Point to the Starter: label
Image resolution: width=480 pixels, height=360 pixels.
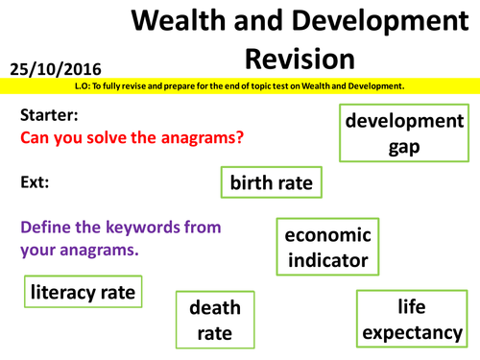click(48, 114)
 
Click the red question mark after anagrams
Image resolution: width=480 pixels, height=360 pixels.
click(239, 137)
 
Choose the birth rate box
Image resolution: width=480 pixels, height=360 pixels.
click(270, 181)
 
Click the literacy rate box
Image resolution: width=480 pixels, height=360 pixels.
click(83, 290)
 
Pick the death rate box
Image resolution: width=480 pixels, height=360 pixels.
click(216, 321)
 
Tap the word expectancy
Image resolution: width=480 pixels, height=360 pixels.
click(414, 332)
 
